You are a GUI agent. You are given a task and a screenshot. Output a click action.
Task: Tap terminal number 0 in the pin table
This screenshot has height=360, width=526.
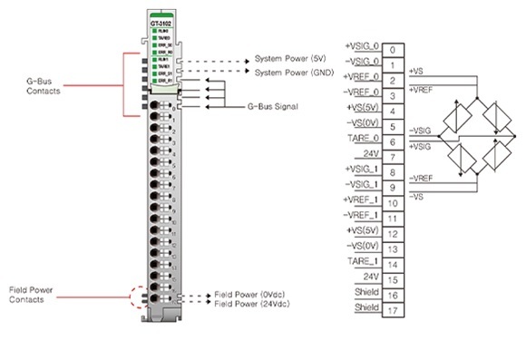391,49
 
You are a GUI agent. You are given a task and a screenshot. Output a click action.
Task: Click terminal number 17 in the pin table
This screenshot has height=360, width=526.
391,310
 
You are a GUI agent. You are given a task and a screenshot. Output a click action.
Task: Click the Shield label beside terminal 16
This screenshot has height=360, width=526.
367,294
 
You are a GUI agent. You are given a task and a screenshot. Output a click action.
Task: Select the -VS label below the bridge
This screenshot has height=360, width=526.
416,194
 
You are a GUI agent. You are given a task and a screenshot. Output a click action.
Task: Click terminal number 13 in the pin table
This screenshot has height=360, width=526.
391,248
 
